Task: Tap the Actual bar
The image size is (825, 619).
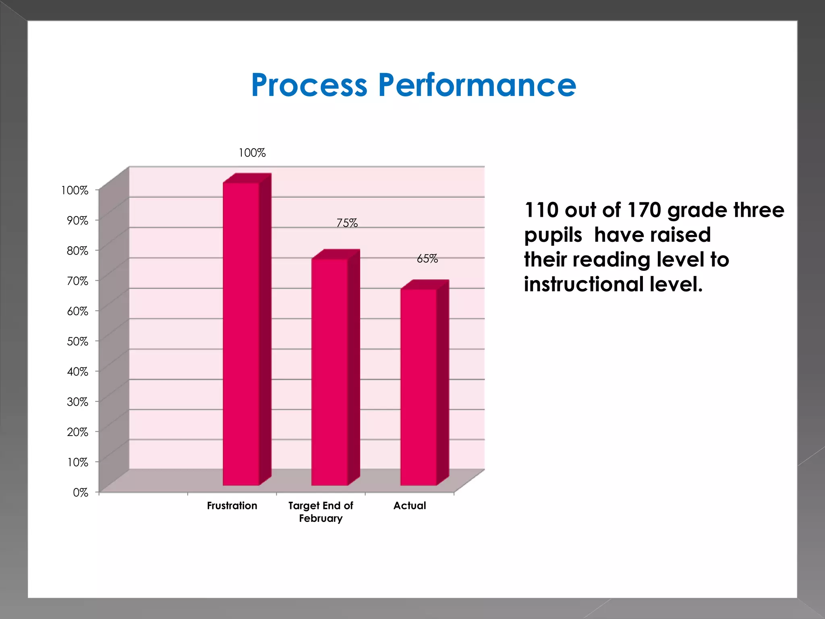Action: [419, 387]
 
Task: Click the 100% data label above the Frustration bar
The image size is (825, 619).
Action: [252, 153]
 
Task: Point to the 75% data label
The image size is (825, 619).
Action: [347, 223]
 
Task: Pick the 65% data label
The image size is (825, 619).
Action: [427, 259]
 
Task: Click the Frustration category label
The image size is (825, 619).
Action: [232, 506]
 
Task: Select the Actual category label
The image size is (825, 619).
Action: [410, 506]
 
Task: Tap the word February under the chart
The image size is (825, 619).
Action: [321, 518]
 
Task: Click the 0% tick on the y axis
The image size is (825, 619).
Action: [81, 492]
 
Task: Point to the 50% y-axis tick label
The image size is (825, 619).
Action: [78, 341]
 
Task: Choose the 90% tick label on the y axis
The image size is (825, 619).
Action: [78, 220]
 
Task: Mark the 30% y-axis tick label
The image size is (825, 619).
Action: [78, 402]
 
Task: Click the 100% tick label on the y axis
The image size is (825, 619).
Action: [75, 190]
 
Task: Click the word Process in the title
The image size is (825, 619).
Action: [309, 85]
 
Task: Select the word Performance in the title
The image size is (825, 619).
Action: [477, 85]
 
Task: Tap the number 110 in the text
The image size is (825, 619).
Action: [541, 210]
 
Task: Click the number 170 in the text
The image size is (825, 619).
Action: [644, 210]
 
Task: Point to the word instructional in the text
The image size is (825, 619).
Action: [584, 285]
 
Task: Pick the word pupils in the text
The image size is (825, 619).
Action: [553, 235]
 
